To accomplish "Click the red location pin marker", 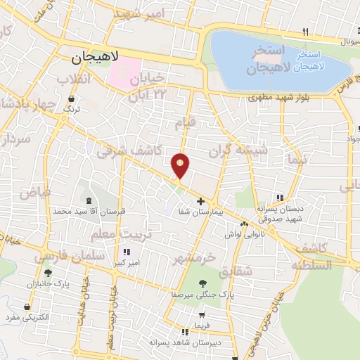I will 181,165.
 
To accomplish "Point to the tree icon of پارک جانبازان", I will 48,273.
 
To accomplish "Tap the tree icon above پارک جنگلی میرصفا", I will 202,283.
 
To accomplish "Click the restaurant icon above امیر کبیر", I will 127,252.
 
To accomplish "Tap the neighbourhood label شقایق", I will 233,271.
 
